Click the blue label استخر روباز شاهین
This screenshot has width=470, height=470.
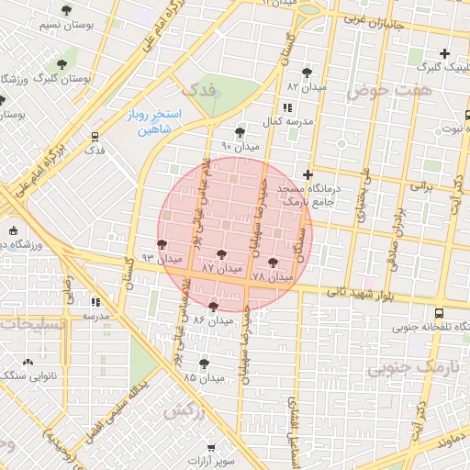pyautogui.click(x=154, y=121)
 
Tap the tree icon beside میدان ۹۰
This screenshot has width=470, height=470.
pyautogui.click(x=240, y=132)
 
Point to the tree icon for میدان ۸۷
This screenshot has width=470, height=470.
pyautogui.click(x=220, y=254)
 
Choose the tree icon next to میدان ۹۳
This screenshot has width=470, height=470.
pyautogui.click(x=162, y=244)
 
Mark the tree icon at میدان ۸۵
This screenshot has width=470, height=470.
pyautogui.click(x=204, y=364)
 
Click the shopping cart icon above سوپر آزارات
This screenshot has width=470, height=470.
pyautogui.click(x=212, y=446)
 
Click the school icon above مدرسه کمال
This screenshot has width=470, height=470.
pyautogui.click(x=295, y=108)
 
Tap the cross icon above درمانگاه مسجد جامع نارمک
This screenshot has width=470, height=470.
pyautogui.click(x=308, y=174)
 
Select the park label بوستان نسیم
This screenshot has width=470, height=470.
pyautogui.click(x=63, y=24)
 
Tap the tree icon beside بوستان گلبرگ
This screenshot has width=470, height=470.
pyautogui.click(x=62, y=64)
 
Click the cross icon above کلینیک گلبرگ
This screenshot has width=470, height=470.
pyautogui.click(x=445, y=53)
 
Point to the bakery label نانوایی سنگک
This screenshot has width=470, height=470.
pyautogui.click(x=30, y=375)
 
